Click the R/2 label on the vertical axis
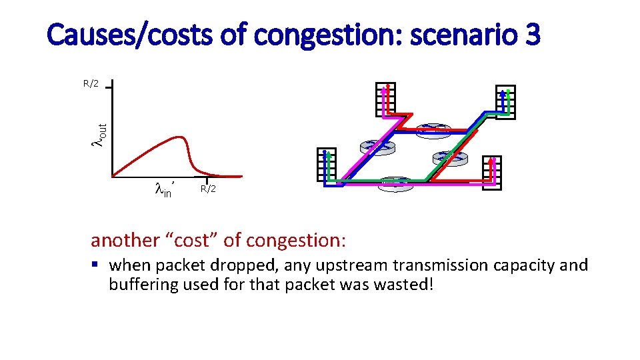pos(91,84)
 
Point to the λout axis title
pos(99,135)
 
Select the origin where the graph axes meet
pos(111,177)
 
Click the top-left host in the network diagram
pos(385,100)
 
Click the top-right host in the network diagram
pos(505,101)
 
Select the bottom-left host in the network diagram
pos(327,164)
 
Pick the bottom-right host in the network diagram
pos(491,172)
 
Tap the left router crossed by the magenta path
pos(377,146)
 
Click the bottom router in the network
pos(395,184)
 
